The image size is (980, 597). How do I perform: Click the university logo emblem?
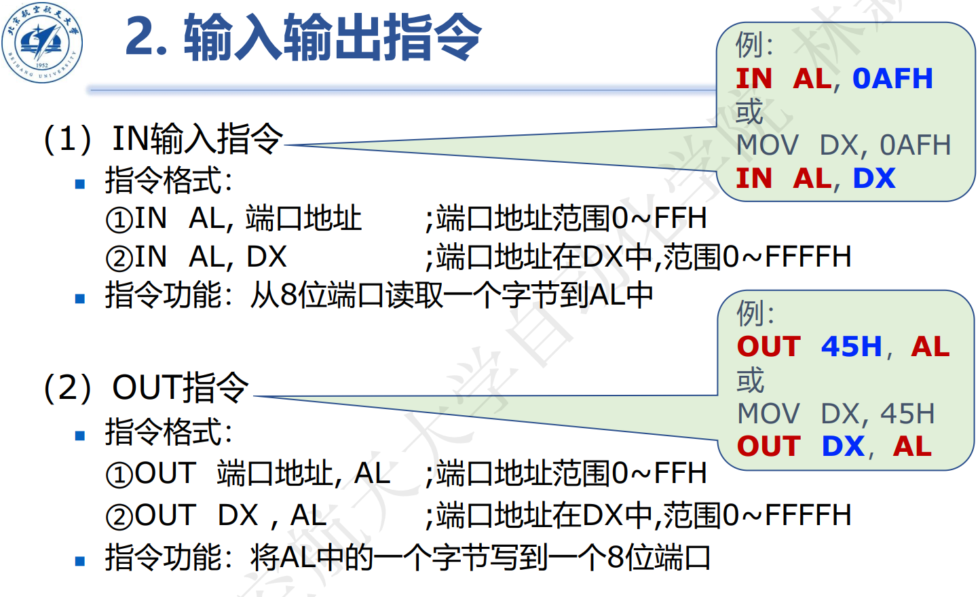tap(42, 42)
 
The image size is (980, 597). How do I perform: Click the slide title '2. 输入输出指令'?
tap(303, 37)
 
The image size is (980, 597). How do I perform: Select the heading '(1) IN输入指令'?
tap(163, 139)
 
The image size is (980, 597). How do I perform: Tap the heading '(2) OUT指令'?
tap(146, 388)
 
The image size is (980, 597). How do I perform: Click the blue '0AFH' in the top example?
tap(892, 79)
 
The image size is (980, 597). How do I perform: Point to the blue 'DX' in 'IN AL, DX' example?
tap(874, 178)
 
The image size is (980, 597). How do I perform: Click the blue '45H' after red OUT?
tap(851, 347)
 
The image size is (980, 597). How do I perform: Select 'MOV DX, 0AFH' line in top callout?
tap(844, 145)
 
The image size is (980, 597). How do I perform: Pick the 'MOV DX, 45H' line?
tap(836, 413)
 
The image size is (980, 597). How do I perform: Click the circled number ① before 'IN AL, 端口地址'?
tap(119, 220)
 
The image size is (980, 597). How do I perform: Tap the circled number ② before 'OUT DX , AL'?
tap(119, 517)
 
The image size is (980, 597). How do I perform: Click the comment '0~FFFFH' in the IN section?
tap(787, 257)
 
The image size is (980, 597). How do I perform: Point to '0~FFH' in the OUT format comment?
tap(659, 474)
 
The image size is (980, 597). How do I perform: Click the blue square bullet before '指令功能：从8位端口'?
tap(80, 298)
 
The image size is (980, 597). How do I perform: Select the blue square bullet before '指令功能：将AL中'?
tap(80, 561)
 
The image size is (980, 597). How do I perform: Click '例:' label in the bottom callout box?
tap(755, 313)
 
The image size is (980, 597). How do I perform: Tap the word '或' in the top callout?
tap(749, 112)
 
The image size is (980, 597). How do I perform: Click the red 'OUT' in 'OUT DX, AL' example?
tap(769, 446)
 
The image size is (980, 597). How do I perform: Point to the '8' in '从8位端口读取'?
tap(288, 296)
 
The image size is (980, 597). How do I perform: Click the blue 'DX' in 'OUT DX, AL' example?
tap(843, 446)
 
